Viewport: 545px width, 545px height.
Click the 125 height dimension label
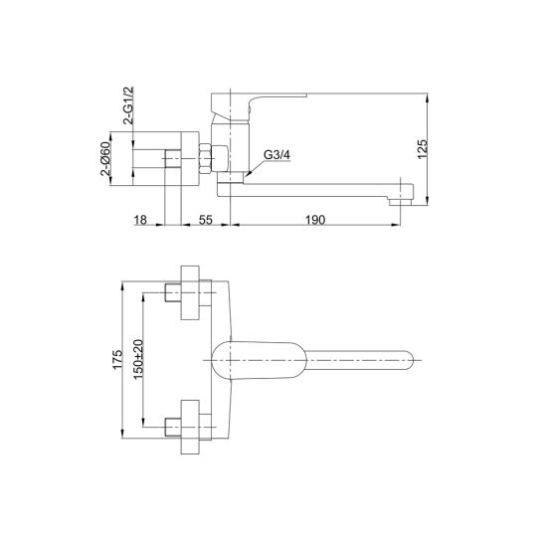pyautogui.click(x=422, y=149)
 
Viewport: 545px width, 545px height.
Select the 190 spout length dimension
pyautogui.click(x=315, y=220)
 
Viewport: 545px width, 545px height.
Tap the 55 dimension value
pyautogui.click(x=206, y=220)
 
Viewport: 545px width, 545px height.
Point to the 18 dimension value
pyautogui.click(x=140, y=220)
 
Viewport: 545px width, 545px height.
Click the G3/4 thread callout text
pyautogui.click(x=276, y=155)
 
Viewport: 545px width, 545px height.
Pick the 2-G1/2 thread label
pyautogui.click(x=128, y=105)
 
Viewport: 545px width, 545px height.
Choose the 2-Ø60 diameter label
pyautogui.click(x=105, y=158)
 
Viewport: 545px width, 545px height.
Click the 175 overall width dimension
pyautogui.click(x=117, y=359)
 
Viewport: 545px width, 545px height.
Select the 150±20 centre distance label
pyautogui.click(x=138, y=359)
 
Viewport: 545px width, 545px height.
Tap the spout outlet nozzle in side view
pyautogui.click(x=400, y=202)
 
